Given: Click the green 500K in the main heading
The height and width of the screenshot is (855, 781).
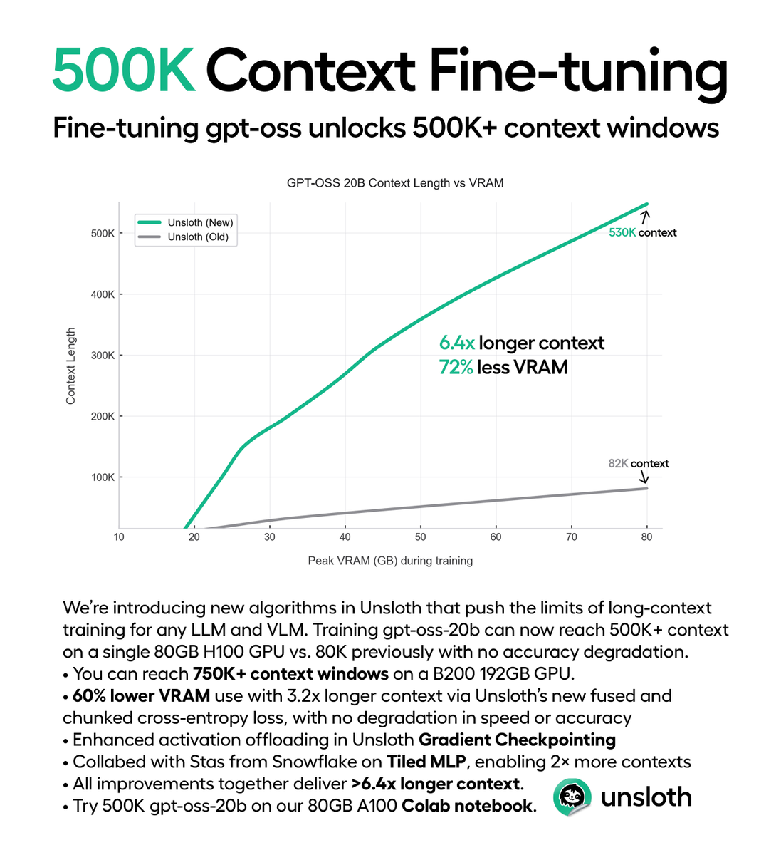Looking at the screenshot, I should click(123, 71).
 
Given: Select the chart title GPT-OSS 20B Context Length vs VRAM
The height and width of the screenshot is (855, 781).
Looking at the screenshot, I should click(395, 183).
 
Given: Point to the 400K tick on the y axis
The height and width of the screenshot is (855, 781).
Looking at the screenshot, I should click(103, 294).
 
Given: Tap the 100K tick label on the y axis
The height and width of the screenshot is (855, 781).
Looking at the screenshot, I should click(103, 477).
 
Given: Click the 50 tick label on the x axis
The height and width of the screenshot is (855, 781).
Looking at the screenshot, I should click(421, 537).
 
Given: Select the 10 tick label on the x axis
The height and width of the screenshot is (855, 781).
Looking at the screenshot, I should click(119, 537).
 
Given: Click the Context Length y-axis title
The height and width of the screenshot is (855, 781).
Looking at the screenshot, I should click(70, 366).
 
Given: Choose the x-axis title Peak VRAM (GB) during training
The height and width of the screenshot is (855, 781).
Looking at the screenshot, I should click(390, 561).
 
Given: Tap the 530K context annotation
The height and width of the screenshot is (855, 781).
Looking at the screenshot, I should click(642, 232).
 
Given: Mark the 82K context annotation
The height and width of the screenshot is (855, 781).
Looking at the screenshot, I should click(639, 463).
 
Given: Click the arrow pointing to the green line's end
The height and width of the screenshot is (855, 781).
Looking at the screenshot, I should click(646, 217).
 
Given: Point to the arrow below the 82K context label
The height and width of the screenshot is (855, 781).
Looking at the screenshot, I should click(643, 477).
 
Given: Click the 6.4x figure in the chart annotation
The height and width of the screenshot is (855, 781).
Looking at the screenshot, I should click(456, 343).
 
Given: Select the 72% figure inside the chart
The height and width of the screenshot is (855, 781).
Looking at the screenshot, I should click(456, 368).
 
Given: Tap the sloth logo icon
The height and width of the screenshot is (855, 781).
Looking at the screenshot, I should click(572, 797).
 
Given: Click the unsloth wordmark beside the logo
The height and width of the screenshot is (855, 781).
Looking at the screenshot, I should click(646, 797).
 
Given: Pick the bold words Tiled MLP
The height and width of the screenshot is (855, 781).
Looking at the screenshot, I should click(426, 762).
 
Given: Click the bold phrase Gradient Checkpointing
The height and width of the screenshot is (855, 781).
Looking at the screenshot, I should click(517, 740).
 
